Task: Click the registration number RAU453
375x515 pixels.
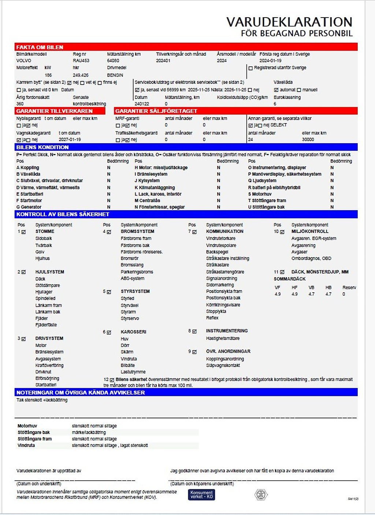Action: click(x=81, y=60)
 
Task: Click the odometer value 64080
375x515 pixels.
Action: click(x=113, y=60)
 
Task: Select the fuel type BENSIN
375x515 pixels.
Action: click(x=115, y=75)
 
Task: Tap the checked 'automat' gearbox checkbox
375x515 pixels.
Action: click(x=276, y=90)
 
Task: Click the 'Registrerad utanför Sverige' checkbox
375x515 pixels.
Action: click(x=250, y=68)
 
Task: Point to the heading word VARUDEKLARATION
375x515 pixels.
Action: click(x=289, y=22)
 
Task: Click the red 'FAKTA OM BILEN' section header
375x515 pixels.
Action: click(x=40, y=47)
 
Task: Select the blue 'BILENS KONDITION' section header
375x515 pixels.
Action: click(x=42, y=147)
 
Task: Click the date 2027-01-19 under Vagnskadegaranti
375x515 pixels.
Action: click(x=70, y=140)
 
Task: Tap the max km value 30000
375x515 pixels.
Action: click(x=308, y=140)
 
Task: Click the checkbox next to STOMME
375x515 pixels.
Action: click(x=24, y=232)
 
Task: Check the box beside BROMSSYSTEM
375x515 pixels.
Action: click(x=109, y=232)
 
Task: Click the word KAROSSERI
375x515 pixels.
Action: click(x=133, y=332)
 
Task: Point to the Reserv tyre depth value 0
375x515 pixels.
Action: click(x=344, y=294)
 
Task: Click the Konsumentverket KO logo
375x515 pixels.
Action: click(x=201, y=494)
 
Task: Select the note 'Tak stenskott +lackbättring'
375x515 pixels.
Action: click(x=42, y=400)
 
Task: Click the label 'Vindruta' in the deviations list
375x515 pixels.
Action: click(x=26, y=445)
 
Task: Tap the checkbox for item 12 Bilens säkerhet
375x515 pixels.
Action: click(x=112, y=380)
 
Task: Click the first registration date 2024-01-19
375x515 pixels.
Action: click(x=270, y=60)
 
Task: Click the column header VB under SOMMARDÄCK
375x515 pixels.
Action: click(x=311, y=288)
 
